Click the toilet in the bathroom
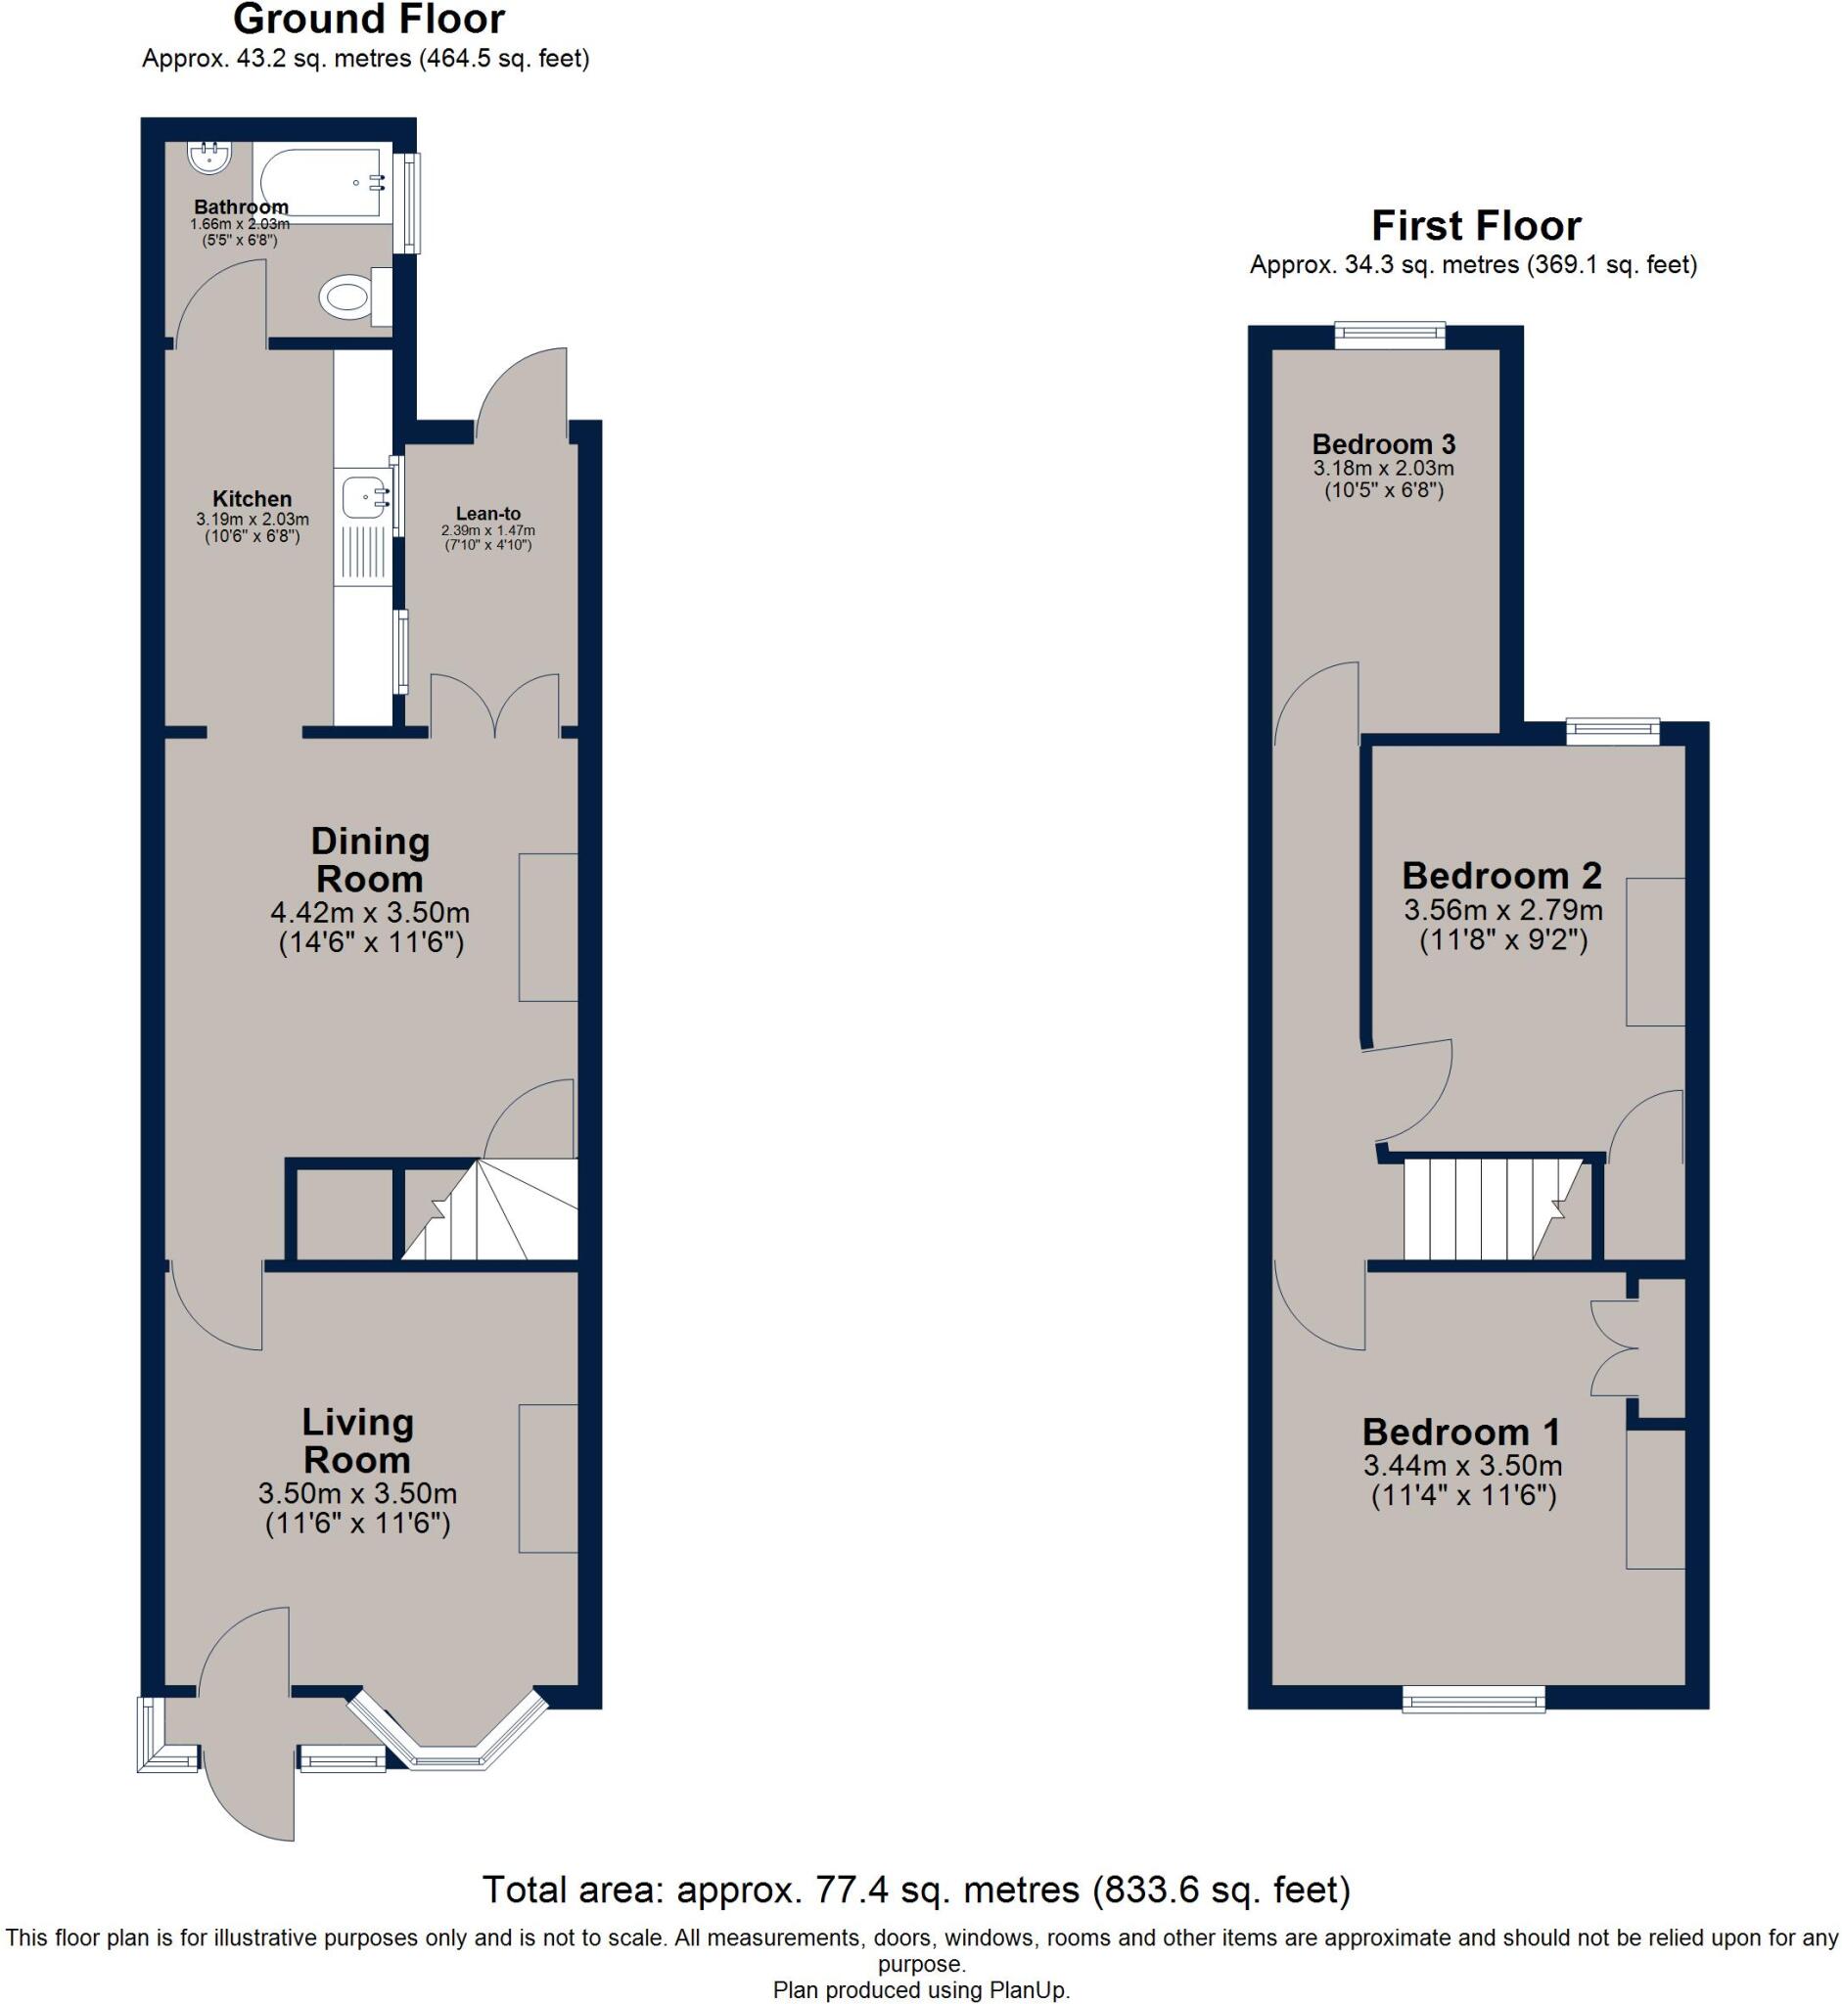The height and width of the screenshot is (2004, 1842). (348, 296)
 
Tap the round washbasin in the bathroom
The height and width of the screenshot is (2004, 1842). (208, 157)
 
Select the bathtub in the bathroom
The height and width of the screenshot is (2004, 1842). (321, 182)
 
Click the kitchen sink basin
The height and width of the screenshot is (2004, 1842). (364, 494)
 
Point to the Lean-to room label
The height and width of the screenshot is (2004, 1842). (488, 513)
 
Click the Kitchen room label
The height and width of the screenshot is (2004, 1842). (253, 498)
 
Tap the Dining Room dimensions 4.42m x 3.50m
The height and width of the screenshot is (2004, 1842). (370, 912)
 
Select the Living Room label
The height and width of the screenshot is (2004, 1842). (357, 1441)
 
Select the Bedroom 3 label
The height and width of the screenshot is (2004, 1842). (1384, 443)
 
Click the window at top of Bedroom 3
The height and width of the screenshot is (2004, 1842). (1390, 335)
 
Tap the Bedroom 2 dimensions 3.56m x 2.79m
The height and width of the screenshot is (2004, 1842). (1503, 909)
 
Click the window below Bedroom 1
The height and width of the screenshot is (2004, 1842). (1473, 1698)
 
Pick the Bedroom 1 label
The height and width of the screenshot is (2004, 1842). (1461, 1432)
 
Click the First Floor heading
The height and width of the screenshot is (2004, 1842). (1476, 226)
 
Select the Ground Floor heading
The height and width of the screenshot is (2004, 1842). (369, 19)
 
